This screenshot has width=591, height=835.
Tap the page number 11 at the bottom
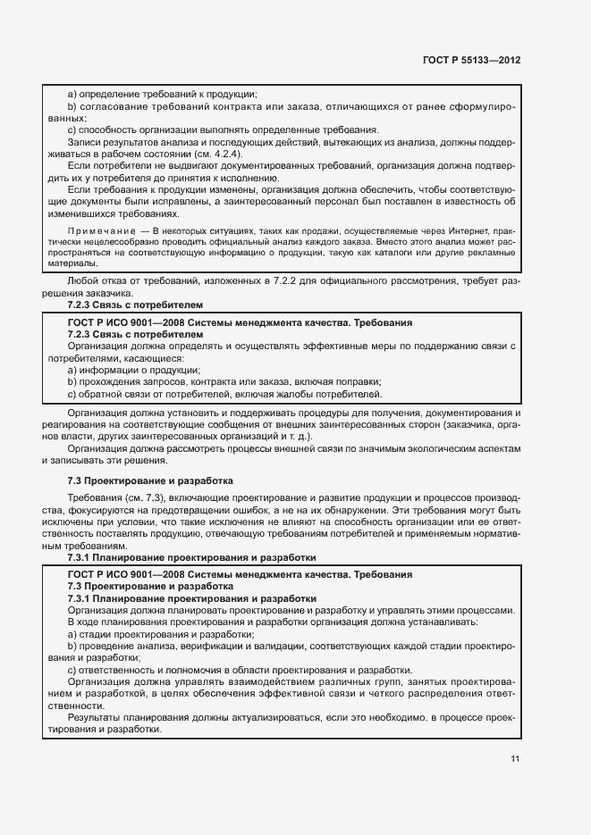[x=514, y=759]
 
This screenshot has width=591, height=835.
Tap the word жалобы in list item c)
[x=288, y=395]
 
